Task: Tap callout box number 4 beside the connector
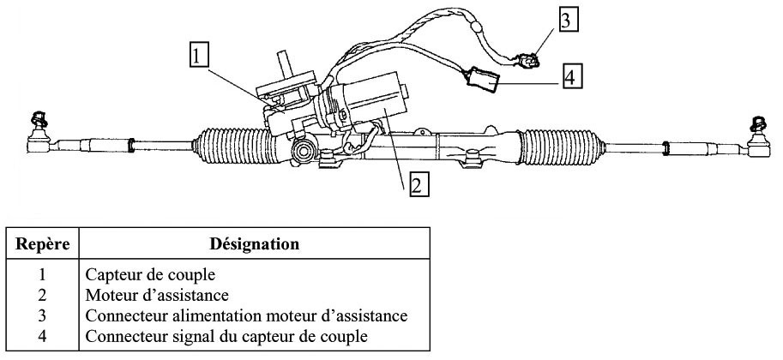tap(571, 76)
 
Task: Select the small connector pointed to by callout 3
tap(529, 59)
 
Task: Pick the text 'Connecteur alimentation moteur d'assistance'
tap(246, 316)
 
